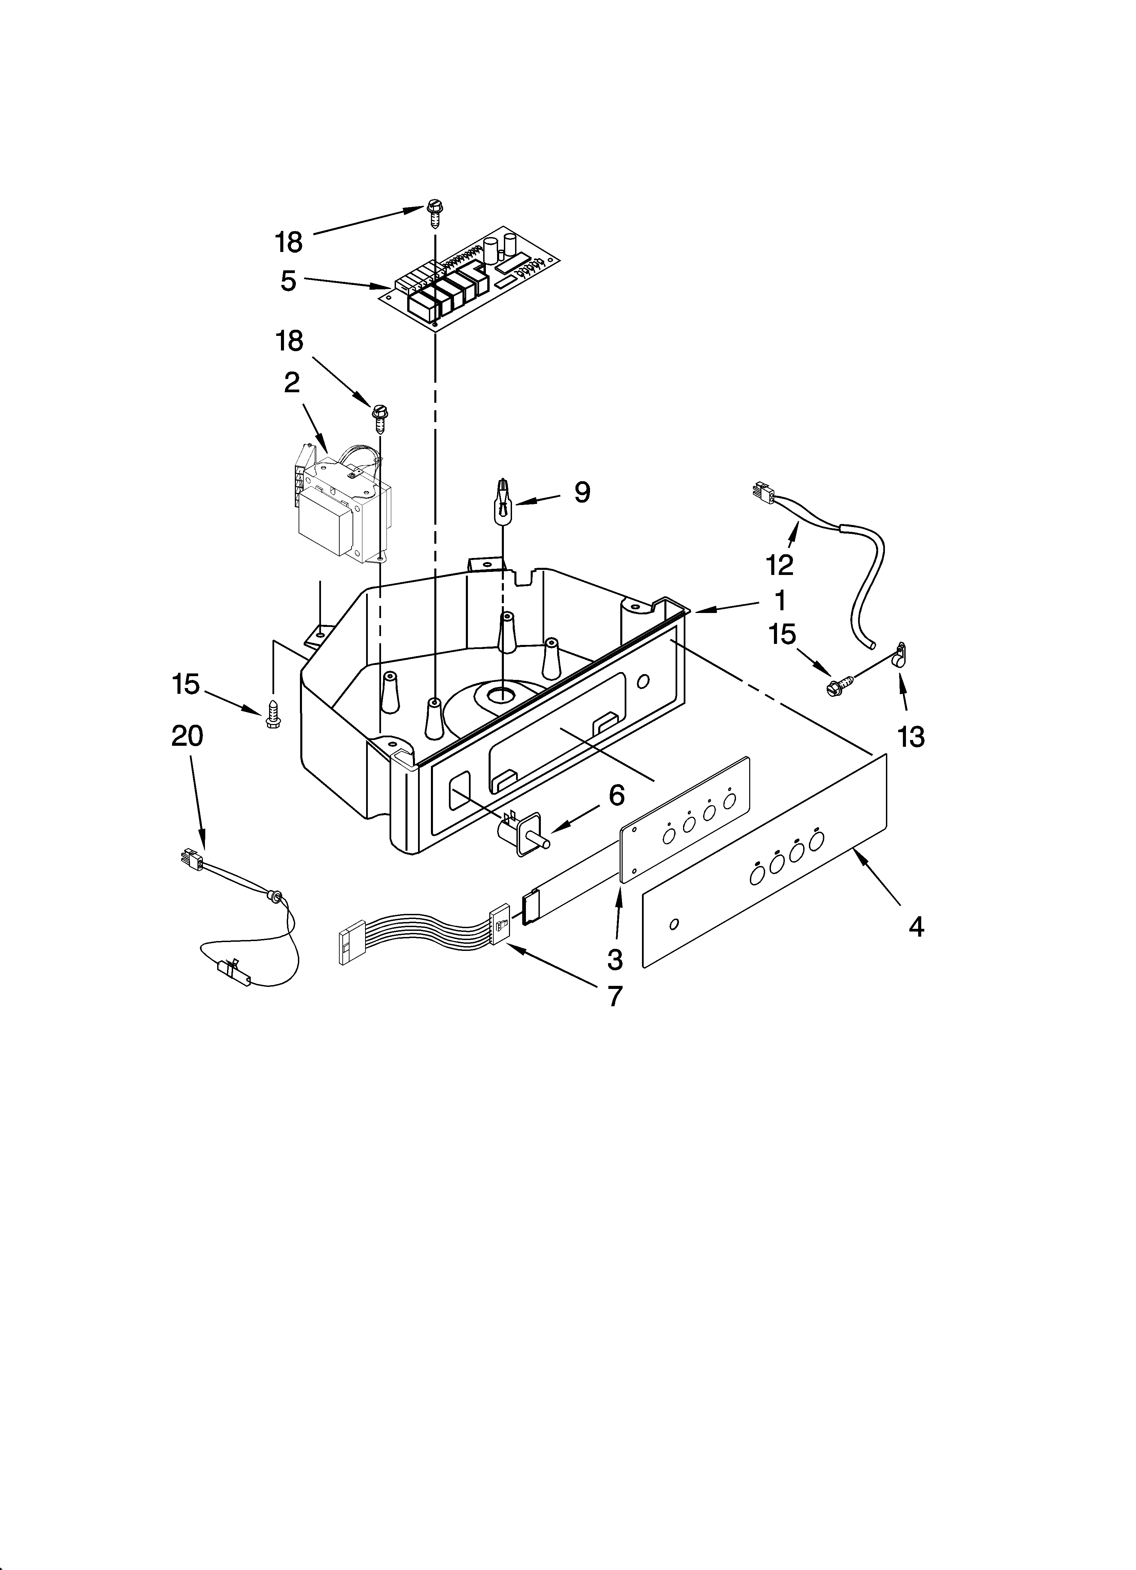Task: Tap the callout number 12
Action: click(780, 565)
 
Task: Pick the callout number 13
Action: click(911, 737)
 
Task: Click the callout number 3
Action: click(615, 959)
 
